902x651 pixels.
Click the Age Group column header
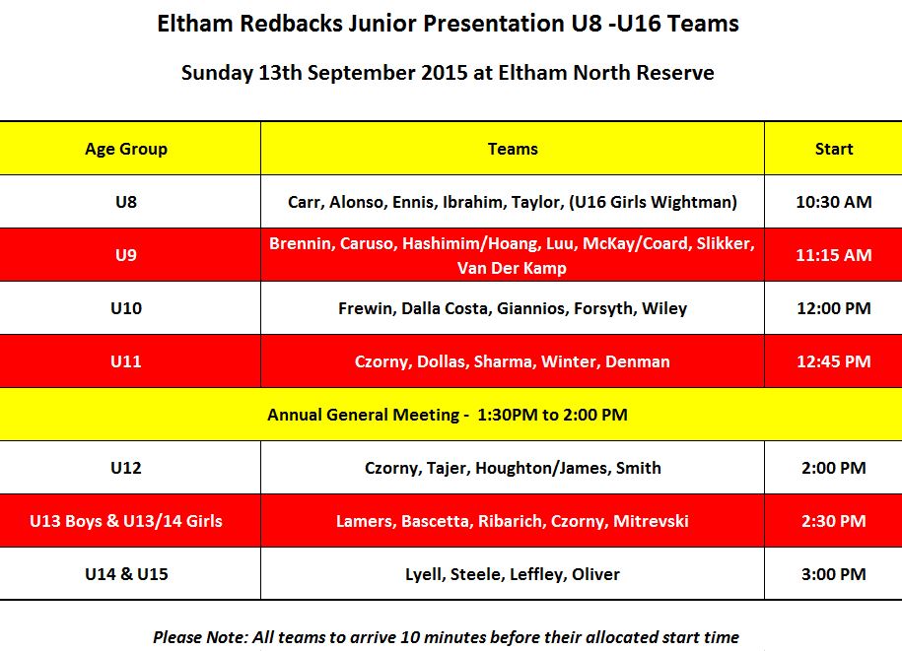(x=126, y=150)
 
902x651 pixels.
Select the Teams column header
(x=513, y=149)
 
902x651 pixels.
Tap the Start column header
(x=834, y=149)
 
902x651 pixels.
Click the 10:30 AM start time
(x=834, y=202)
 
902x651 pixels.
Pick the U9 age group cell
(x=126, y=254)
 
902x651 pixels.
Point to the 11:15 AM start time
(x=834, y=254)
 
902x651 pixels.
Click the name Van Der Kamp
(x=512, y=268)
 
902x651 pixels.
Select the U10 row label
(x=126, y=308)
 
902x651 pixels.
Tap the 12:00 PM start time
(x=834, y=308)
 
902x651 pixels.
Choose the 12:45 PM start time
(x=834, y=361)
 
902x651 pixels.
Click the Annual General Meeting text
(x=364, y=415)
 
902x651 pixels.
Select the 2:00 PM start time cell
(x=834, y=468)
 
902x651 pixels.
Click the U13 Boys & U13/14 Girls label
(x=126, y=521)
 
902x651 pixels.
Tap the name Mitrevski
(x=651, y=521)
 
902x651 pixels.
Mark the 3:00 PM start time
(x=834, y=574)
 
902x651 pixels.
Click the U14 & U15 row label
(x=126, y=574)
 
